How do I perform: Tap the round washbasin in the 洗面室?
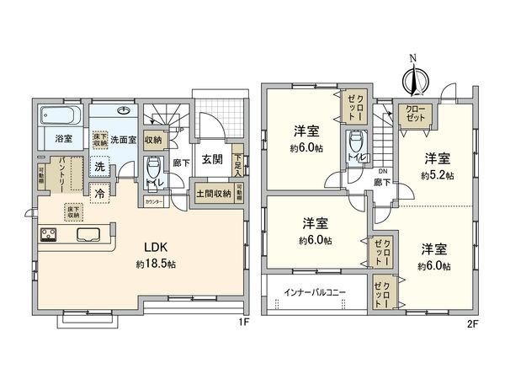click(x=124, y=109)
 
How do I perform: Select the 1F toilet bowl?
click(x=153, y=166)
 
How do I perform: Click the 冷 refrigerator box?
click(x=100, y=192)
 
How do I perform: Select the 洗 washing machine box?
click(x=100, y=166)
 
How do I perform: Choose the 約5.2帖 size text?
click(x=436, y=175)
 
